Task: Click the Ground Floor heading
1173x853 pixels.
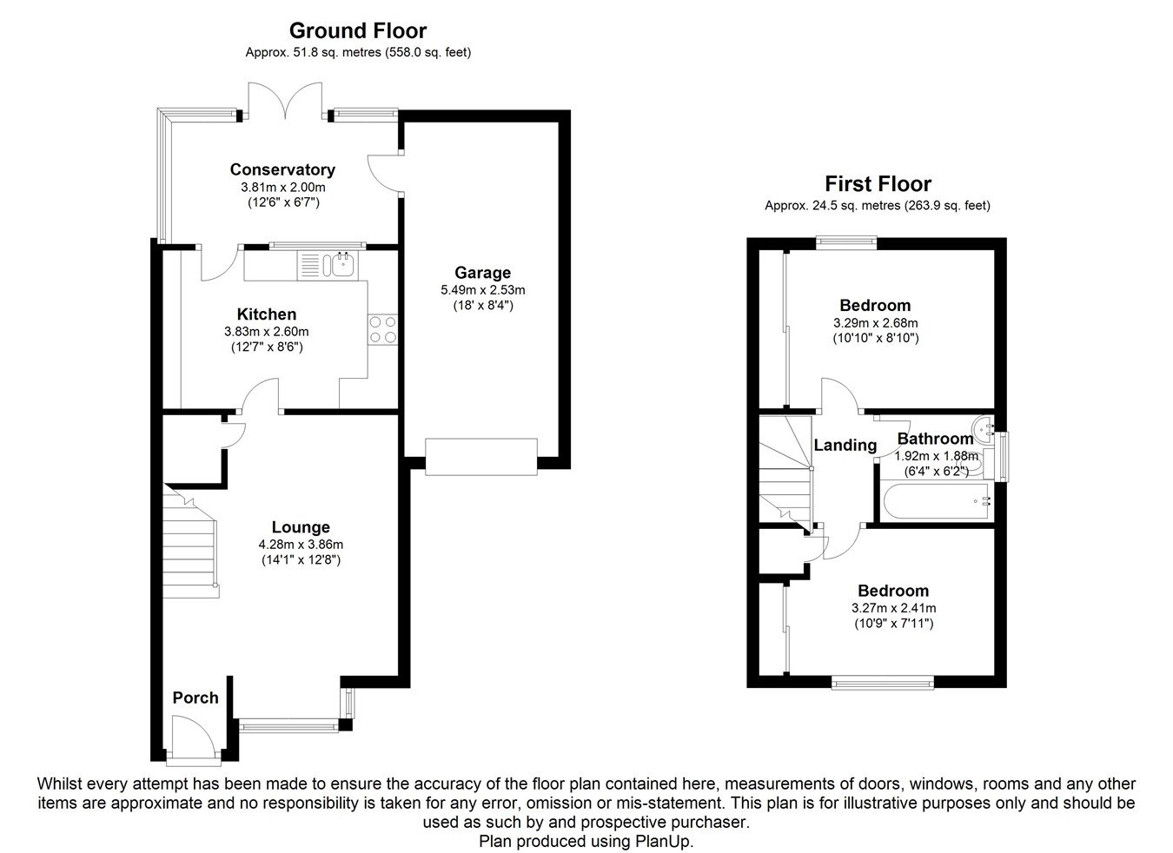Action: pyautogui.click(x=358, y=31)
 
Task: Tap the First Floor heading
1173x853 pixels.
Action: pyautogui.click(x=878, y=184)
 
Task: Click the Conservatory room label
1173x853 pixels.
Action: pyautogui.click(x=282, y=169)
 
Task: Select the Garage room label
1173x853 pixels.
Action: pyautogui.click(x=482, y=272)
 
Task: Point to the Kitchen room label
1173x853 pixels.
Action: pyautogui.click(x=267, y=314)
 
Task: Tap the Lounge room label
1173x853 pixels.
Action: pyautogui.click(x=301, y=527)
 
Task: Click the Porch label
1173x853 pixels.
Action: pyautogui.click(x=195, y=698)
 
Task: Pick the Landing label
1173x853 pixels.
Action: pyautogui.click(x=845, y=445)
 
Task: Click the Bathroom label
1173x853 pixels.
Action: pyautogui.click(x=935, y=439)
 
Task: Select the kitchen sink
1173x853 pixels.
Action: pyautogui.click(x=328, y=265)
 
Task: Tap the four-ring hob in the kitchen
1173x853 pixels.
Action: pyautogui.click(x=383, y=329)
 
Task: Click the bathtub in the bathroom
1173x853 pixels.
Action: pyautogui.click(x=936, y=501)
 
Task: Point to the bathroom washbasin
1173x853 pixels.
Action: pyautogui.click(x=983, y=431)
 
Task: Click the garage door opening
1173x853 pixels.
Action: pyautogui.click(x=480, y=457)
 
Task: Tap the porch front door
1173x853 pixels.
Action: pyautogui.click(x=194, y=737)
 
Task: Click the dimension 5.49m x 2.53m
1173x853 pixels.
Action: pyautogui.click(x=483, y=290)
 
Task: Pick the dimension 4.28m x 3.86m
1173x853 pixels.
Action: pyautogui.click(x=301, y=545)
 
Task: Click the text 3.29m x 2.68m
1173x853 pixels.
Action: pyautogui.click(x=876, y=323)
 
